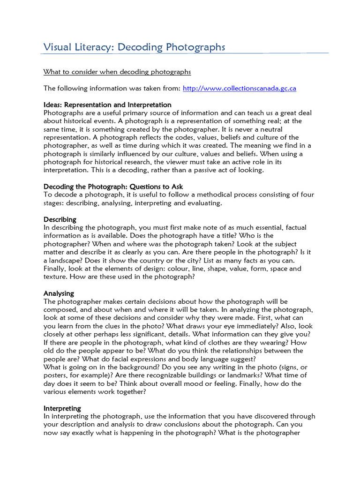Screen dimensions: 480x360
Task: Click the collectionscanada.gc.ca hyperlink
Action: [x=239, y=88]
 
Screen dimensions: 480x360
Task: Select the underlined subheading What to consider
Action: [x=117, y=72]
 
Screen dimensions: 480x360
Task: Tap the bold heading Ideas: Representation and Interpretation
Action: [x=107, y=105]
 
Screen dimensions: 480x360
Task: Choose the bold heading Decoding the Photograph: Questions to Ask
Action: [x=113, y=187]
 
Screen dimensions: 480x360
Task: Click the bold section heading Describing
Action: [x=60, y=219]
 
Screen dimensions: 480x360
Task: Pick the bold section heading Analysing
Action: [x=59, y=293]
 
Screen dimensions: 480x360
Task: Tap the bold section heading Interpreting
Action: [x=62, y=408]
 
